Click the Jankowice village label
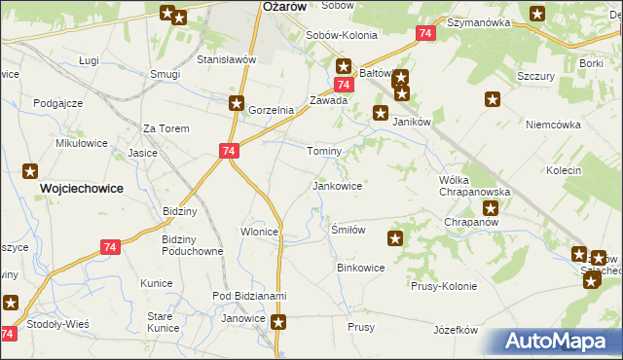click(337, 185)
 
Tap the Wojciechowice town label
click(81, 188)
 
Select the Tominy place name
click(324, 152)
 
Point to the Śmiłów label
click(348, 230)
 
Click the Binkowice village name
click(361, 267)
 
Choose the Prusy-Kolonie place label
click(444, 286)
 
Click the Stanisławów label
click(226, 59)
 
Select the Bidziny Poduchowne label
click(194, 245)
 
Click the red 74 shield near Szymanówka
click(424, 33)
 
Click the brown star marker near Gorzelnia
click(237, 102)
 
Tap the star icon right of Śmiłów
click(395, 238)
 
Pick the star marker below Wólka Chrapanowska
click(492, 207)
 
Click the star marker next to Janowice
click(279, 322)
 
